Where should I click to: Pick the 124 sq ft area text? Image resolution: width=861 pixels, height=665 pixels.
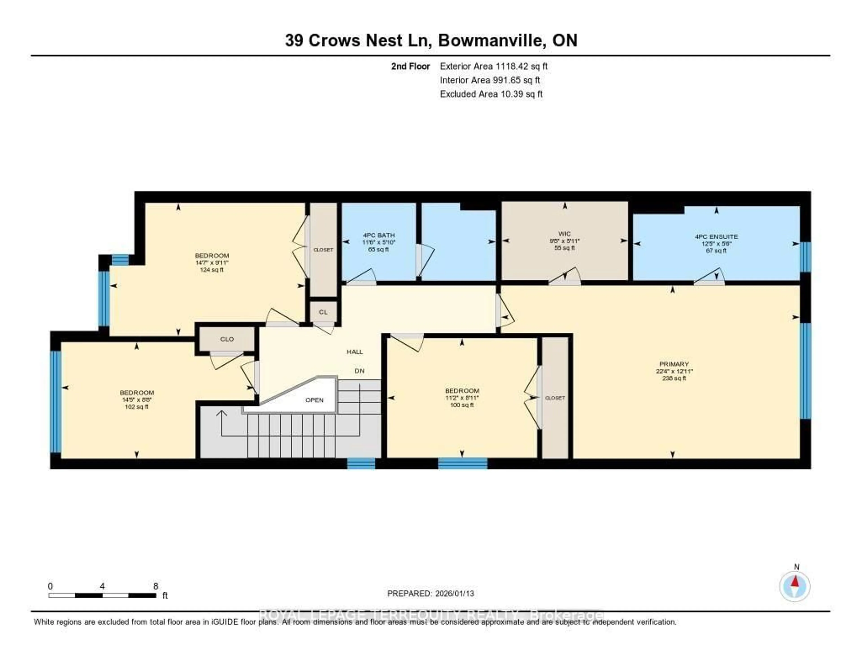212,270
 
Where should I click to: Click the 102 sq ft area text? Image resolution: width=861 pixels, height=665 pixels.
136,406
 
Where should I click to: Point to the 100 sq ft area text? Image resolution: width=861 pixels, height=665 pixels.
462,405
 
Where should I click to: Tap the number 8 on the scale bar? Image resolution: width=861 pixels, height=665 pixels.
156,586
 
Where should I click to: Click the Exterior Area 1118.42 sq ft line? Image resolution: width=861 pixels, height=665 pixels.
493,66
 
